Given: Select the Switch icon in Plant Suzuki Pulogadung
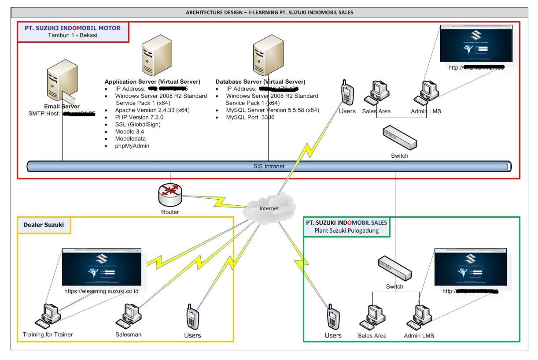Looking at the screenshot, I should coord(394,269).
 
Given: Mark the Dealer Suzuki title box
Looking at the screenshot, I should coord(44,225).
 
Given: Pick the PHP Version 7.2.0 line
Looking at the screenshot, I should coord(140,117).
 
